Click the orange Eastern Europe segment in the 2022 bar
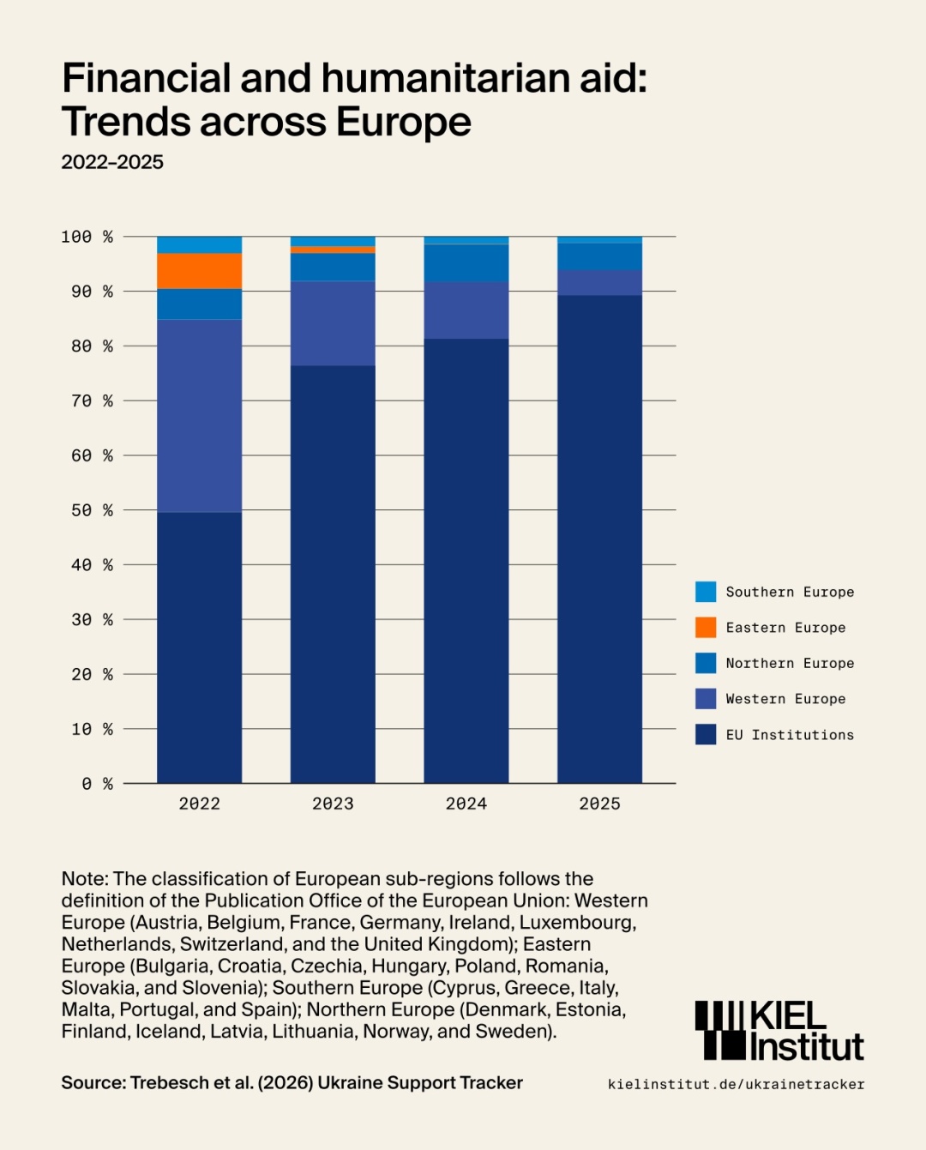point(199,271)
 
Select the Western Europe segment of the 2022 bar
point(199,415)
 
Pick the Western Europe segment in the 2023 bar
point(333,323)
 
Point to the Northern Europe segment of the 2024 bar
point(466,263)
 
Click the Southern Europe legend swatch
point(706,592)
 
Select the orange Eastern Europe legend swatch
point(706,628)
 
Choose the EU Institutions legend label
point(790,735)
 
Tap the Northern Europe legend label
point(790,663)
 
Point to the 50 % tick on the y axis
point(92,510)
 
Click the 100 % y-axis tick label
point(87,237)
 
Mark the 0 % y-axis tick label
point(97,784)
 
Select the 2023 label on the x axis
point(333,804)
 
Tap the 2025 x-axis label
point(599,804)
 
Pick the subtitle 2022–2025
point(112,162)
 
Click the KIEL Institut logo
point(779,1031)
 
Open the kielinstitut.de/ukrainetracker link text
point(736,1084)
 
